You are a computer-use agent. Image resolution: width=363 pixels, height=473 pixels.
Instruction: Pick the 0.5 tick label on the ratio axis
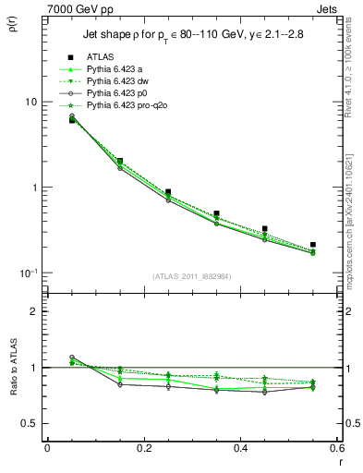pos(30,423)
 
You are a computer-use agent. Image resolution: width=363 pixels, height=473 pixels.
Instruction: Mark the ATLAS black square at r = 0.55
pos(313,245)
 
